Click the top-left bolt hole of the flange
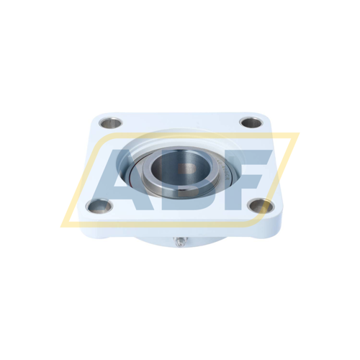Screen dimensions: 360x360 [110, 123]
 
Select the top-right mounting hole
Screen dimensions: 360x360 [251, 122]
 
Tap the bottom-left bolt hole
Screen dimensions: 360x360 [99, 206]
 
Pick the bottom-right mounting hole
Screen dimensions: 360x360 [261, 206]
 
